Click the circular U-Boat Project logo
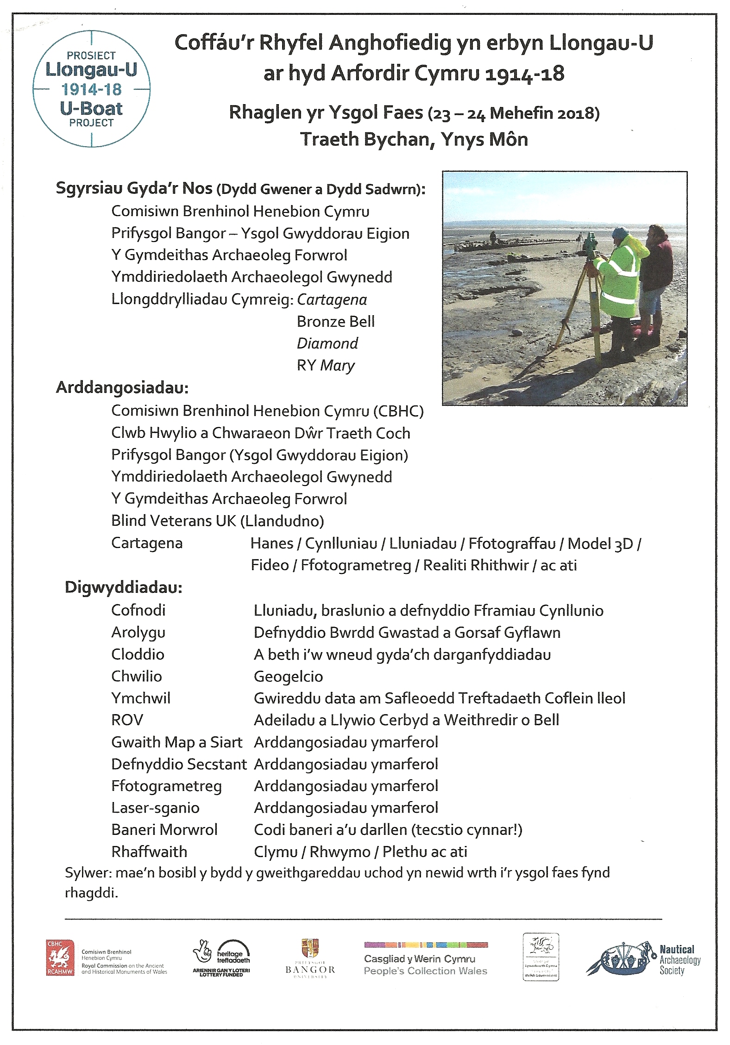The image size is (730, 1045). click(x=91, y=89)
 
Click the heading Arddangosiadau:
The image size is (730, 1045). click(x=122, y=388)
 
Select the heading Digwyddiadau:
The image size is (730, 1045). click(x=123, y=587)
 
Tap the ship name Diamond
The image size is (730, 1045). click(x=327, y=343)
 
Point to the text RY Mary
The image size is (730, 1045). click(x=326, y=366)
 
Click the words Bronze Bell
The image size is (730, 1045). click(x=336, y=322)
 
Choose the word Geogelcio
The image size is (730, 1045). click(x=288, y=677)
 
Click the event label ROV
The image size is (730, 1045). click(x=127, y=720)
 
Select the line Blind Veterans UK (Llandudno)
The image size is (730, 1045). click(x=218, y=521)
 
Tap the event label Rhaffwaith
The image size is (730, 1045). click(x=149, y=852)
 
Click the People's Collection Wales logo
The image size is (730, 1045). click(x=426, y=959)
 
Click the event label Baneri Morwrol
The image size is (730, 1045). click(x=164, y=830)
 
